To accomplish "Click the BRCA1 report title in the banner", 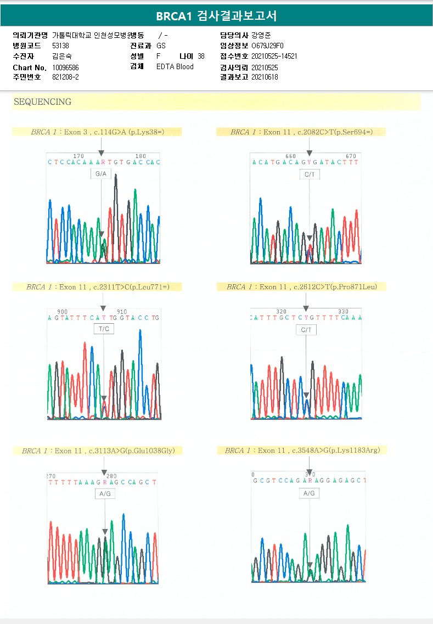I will coord(216,16).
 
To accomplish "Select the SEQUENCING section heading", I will coord(42,102).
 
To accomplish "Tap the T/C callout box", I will coord(103,329).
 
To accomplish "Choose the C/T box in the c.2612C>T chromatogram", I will coord(306,330).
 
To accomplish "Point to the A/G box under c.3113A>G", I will coord(105,494).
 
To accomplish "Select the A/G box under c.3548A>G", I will coord(309,493).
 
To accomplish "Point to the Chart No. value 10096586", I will coord(65,68).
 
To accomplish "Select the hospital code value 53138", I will coord(60,46).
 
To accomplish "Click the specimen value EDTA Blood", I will coord(175,67).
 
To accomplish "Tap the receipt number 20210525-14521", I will coord(274,56).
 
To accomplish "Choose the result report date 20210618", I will coord(265,77).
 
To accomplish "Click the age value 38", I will coord(201,56).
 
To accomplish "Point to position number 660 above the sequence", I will coord(290,156).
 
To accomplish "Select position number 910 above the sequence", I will coord(122,312).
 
